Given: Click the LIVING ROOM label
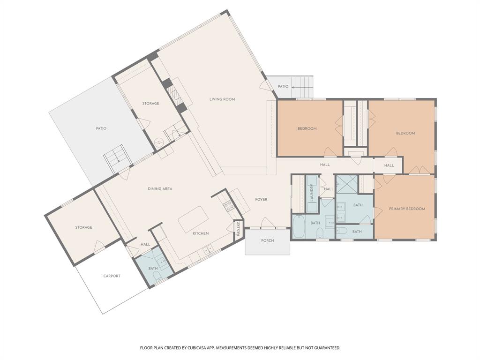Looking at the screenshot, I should coord(222,99).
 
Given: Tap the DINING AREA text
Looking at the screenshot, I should coord(160,189).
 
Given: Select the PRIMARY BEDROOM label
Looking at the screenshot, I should coord(406,209).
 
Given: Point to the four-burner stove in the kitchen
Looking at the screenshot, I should coord(229,205).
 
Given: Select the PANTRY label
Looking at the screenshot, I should coord(238,229).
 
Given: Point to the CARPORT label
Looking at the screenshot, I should coord(112,276).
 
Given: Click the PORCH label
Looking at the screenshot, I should coord(267,241).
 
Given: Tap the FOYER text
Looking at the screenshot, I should coord(261,200).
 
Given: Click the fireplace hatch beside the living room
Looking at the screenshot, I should coord(174,95).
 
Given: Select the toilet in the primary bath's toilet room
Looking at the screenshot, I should coord(342,231).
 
